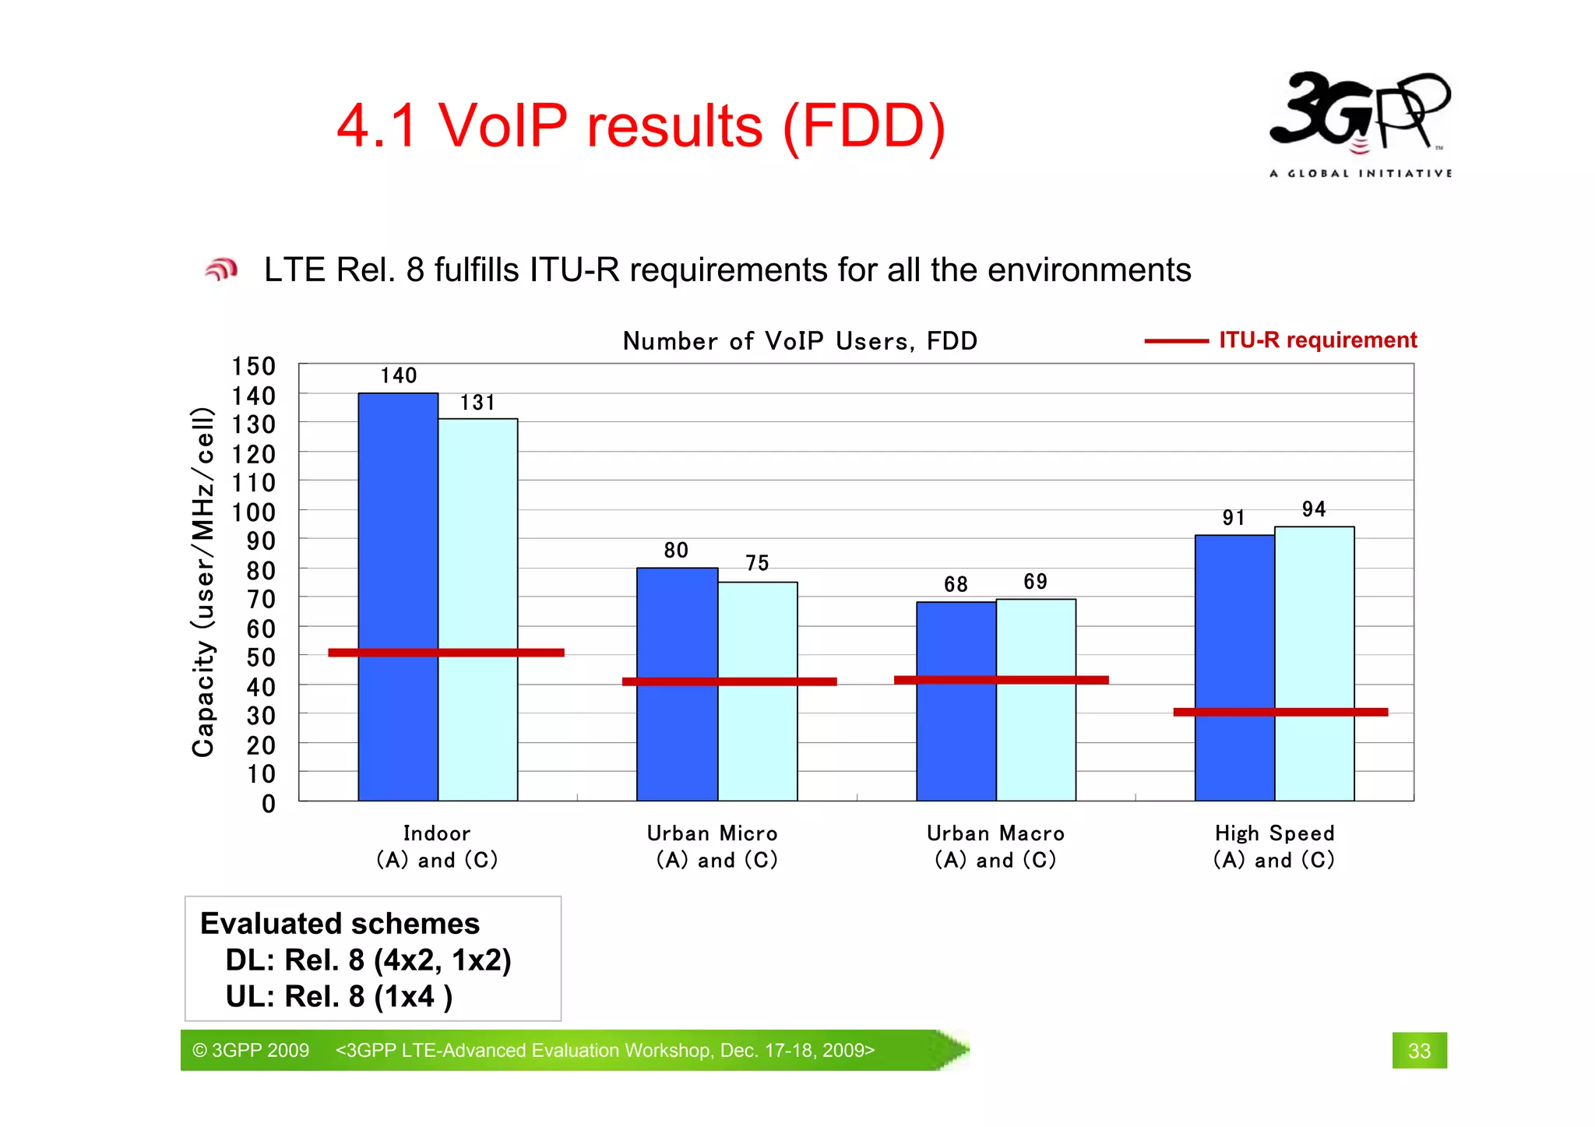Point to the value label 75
pos(757,563)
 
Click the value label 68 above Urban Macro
pos(956,584)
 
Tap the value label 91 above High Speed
pos(1234,518)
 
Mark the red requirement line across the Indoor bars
pos(446,653)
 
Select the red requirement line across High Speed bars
pos(1280,712)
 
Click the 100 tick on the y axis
pos(254,512)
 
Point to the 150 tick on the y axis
pos(254,367)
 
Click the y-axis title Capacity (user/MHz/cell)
pos(203,582)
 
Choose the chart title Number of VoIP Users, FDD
pos(800,341)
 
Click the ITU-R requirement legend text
pos(1318,340)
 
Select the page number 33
pos(1419,1051)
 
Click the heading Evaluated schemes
pos(340,924)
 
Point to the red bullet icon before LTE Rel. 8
pos(221,269)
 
